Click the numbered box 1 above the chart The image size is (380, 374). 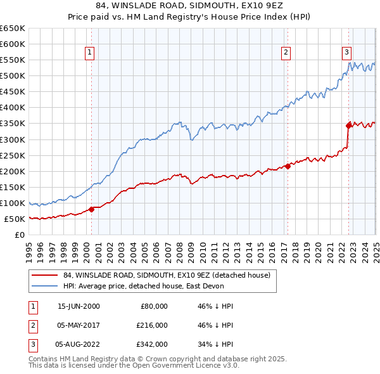(x=90, y=53)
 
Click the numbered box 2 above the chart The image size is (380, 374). (x=286, y=53)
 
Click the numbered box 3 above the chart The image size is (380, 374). (x=347, y=53)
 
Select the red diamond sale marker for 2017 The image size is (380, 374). (x=287, y=166)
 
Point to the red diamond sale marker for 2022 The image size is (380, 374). (x=348, y=126)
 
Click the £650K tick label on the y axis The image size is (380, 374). (x=12, y=29)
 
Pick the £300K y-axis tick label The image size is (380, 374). (x=12, y=139)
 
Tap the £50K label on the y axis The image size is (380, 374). (x=15, y=219)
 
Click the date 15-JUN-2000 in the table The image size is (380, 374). (x=79, y=306)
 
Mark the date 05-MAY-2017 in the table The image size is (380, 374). (x=79, y=325)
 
